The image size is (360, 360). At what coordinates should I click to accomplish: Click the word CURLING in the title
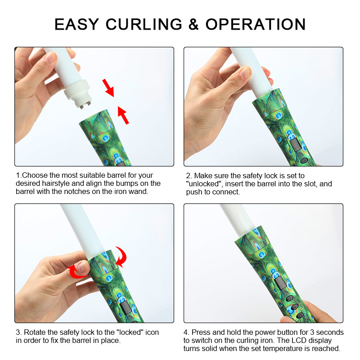tap(144, 24)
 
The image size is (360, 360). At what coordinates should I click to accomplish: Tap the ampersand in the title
tap(193, 24)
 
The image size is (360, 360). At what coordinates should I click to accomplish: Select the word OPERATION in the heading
tap(256, 24)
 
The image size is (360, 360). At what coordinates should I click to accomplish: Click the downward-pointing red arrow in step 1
tap(108, 88)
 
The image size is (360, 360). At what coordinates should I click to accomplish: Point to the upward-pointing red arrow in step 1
tap(123, 115)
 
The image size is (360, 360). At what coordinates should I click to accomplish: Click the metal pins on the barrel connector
tap(85, 106)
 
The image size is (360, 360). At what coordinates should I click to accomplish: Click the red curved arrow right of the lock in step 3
tap(121, 256)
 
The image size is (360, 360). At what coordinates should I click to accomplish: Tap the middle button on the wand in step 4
tap(295, 307)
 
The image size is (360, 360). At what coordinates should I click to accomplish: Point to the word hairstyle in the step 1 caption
tap(56, 184)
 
